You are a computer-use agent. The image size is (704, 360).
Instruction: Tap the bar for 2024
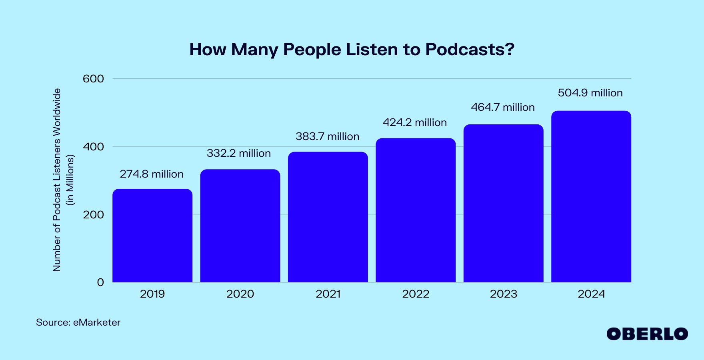tap(591, 196)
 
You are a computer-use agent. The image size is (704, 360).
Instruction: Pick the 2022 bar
tap(416, 210)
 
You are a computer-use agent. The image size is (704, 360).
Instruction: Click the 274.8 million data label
tap(152, 174)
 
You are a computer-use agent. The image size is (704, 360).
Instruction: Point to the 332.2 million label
tap(239, 153)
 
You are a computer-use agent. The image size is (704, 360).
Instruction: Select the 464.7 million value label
tap(503, 107)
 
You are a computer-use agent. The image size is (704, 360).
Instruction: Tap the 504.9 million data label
tap(590, 93)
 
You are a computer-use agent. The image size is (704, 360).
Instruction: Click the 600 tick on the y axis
tap(93, 79)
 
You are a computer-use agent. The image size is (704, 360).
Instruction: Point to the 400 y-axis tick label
tap(93, 147)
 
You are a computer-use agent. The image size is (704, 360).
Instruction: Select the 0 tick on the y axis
tap(100, 282)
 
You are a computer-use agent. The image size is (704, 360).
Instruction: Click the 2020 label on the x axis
tap(240, 294)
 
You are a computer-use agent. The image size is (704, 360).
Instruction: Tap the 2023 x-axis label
tap(504, 294)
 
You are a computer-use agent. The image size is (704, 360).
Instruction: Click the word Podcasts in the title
tap(470, 50)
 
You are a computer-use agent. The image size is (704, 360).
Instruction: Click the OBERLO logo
tap(647, 334)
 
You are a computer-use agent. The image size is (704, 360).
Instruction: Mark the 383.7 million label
tap(328, 136)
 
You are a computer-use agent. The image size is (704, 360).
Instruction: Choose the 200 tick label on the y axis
tap(93, 215)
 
